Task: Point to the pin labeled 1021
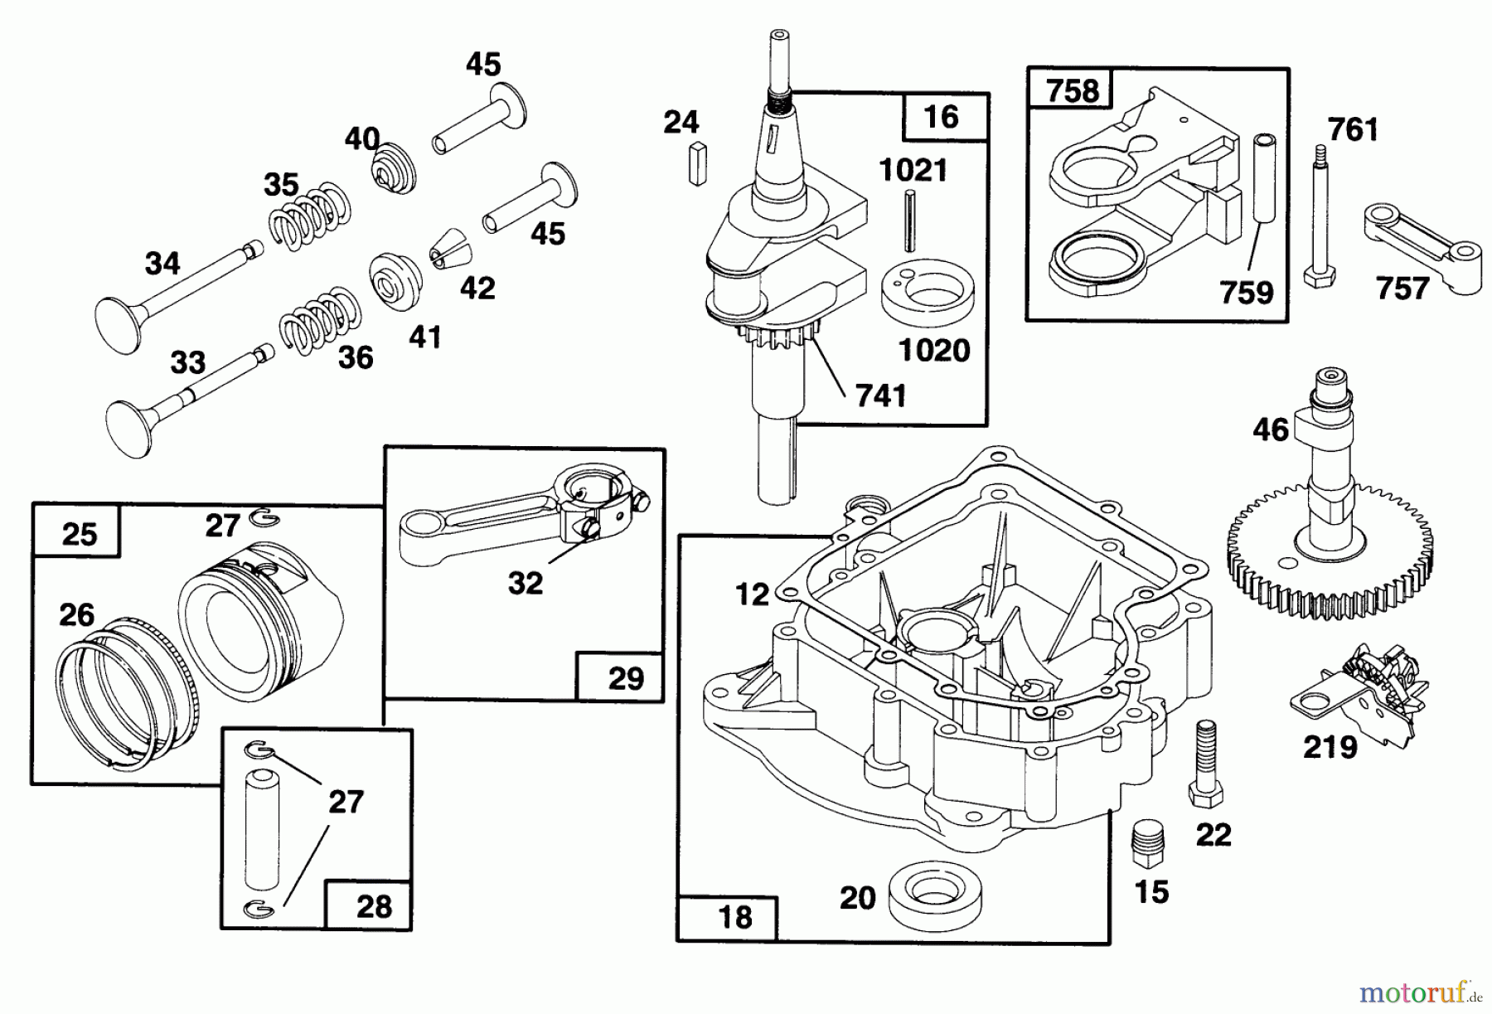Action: pos(910,220)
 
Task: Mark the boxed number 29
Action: pos(626,677)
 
